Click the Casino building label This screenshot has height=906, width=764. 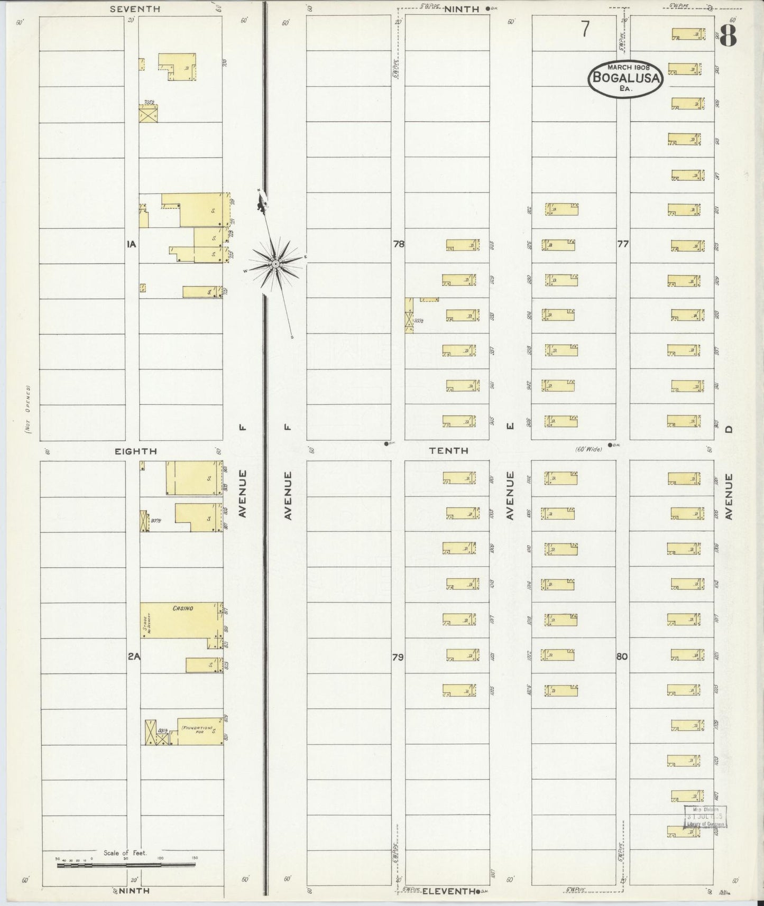coord(183,608)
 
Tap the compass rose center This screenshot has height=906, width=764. coord(276,263)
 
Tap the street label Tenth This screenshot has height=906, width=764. coord(448,450)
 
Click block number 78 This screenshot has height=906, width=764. coord(399,244)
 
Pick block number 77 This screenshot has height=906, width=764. coord(623,244)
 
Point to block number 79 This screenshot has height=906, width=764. coord(398,657)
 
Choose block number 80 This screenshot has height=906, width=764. coord(622,657)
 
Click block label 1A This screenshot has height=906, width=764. coord(132,244)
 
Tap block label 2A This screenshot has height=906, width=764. coord(133,657)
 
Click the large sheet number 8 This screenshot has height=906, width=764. coord(729,36)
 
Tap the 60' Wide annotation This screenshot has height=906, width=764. coord(589,450)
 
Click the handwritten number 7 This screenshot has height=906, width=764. coord(585,30)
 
